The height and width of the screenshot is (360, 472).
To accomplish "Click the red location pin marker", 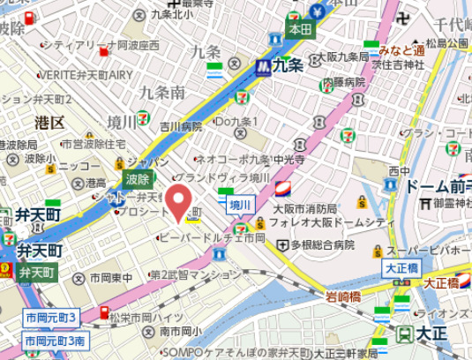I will click(x=178, y=202).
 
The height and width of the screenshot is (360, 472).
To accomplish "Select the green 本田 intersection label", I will click(x=300, y=29).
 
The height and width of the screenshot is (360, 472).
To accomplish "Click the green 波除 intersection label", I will click(x=137, y=178).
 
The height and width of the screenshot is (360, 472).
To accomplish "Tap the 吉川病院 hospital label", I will click(x=181, y=126).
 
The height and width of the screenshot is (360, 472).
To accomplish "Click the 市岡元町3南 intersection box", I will click(x=55, y=340).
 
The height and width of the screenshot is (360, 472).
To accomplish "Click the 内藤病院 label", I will click(x=343, y=81).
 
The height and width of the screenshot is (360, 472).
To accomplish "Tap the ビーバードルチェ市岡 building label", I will click(x=211, y=238).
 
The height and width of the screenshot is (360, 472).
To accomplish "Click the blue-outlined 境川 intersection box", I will click(x=240, y=206).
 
